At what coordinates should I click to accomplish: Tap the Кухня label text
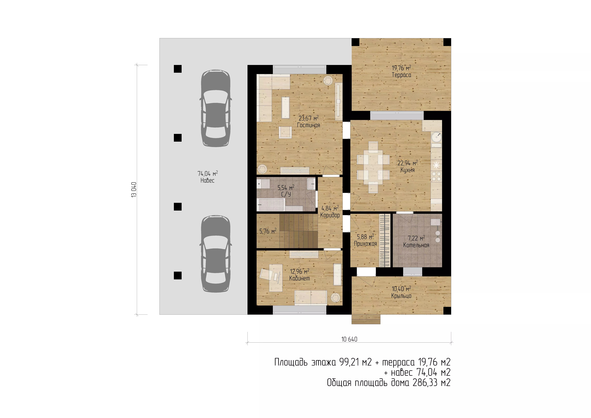(407, 170)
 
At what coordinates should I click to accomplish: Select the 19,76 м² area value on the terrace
(401, 68)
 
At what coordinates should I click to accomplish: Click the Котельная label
(416, 245)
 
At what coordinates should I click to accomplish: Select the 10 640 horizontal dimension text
(349, 339)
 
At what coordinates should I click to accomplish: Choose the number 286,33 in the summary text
(425, 383)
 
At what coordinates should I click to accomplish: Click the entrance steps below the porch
(366, 319)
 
